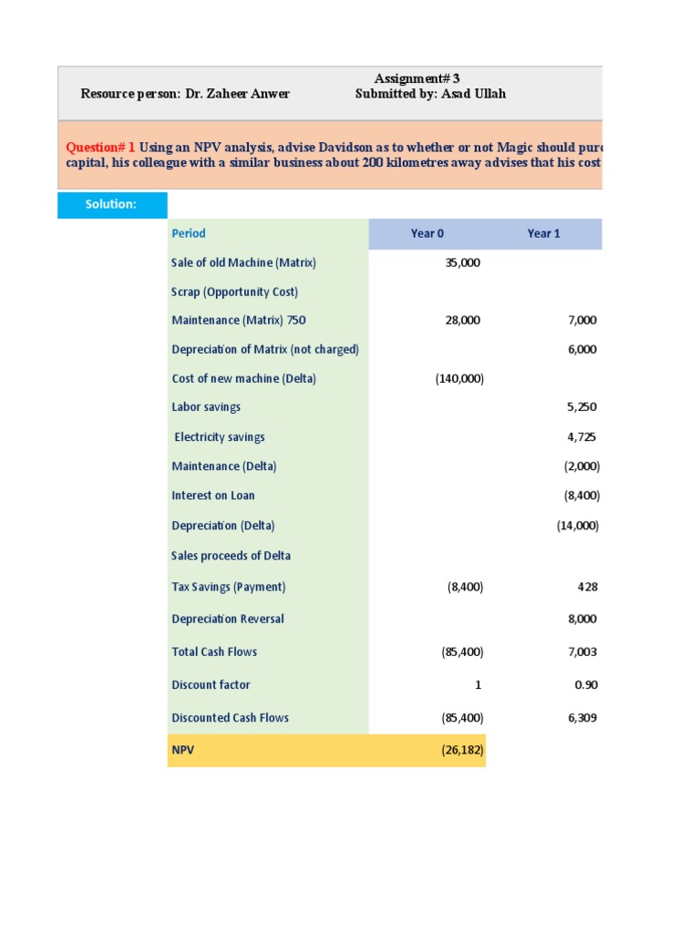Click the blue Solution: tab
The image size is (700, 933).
click(111, 204)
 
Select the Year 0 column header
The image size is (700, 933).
click(427, 233)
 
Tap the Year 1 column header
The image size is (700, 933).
click(543, 233)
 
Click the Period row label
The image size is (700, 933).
click(189, 233)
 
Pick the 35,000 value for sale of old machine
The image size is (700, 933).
click(462, 262)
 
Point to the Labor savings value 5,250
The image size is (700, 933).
click(582, 407)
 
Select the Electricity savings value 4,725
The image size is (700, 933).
click(582, 437)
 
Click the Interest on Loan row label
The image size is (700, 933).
click(213, 496)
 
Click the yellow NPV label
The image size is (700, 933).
click(182, 751)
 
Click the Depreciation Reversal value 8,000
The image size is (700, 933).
click(582, 619)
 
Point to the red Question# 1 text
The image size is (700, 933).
click(100, 148)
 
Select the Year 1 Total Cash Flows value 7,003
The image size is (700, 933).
click(582, 651)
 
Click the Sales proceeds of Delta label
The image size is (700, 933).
click(231, 556)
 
